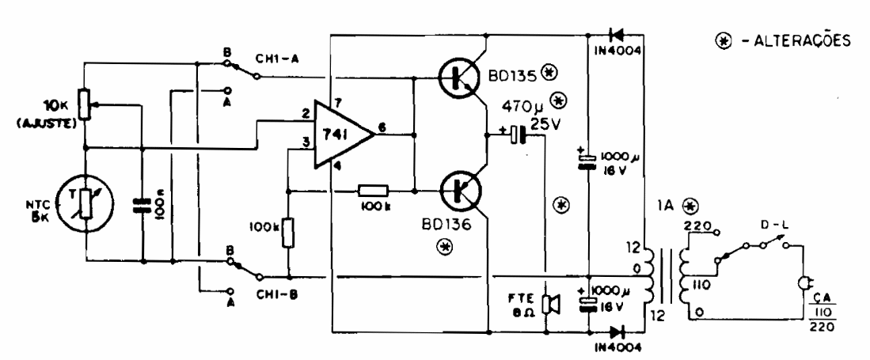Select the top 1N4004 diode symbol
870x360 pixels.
[615, 35]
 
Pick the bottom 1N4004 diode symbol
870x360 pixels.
[615, 330]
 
